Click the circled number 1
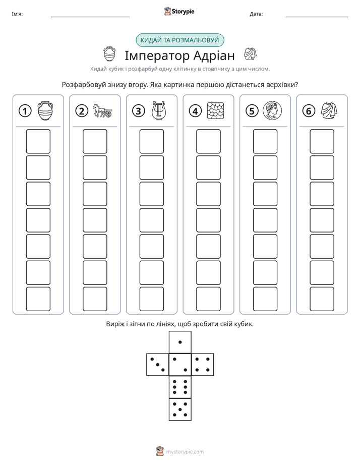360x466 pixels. [x=25, y=111]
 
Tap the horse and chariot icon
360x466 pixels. [x=102, y=110]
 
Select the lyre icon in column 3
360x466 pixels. [x=159, y=110]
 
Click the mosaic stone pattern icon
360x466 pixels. [x=215, y=110]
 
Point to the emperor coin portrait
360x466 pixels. [x=272, y=110]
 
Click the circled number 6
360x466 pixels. [x=309, y=111]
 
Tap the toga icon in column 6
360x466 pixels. [x=329, y=110]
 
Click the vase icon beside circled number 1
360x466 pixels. [x=45, y=110]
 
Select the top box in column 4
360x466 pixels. [x=209, y=141]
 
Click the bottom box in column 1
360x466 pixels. [x=38, y=299]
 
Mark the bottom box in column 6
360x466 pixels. [x=322, y=299]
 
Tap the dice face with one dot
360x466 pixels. [x=180, y=342]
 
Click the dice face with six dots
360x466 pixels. [x=180, y=387]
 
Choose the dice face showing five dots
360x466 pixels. [x=180, y=410]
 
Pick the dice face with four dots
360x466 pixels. [x=203, y=365]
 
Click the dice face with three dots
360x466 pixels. [x=158, y=365]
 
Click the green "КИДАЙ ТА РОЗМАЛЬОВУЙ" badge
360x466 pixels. [x=179, y=40]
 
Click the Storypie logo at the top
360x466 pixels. [x=179, y=11]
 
